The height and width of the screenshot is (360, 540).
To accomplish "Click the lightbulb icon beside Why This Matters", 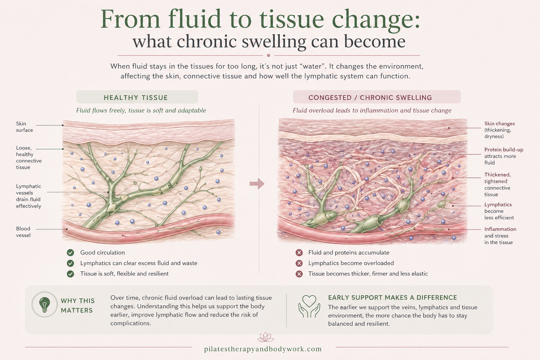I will coord(44,304).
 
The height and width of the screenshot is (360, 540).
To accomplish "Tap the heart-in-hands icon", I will coord(309,306).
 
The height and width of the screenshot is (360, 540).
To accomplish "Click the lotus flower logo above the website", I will coord(265,337).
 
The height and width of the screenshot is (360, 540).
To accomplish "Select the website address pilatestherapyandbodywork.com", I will coord(263,349).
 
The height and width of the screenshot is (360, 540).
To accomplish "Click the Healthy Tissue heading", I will coord(136,97).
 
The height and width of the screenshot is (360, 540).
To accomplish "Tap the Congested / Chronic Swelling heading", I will coord(370,97).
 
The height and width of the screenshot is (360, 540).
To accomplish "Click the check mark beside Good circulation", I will coord(71,253).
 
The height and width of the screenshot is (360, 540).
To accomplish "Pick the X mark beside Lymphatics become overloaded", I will coord(299,263).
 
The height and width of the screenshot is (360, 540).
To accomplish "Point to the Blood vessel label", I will coord(23,232).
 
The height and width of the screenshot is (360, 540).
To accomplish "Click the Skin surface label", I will coord(24,127).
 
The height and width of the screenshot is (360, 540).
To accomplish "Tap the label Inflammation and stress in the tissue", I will coord(500,236).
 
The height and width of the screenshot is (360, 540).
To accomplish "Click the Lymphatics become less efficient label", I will coord(499,211).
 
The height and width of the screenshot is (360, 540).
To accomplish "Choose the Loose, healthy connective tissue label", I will coord(28,157).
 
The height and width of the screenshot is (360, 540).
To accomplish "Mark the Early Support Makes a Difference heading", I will coord(392,297).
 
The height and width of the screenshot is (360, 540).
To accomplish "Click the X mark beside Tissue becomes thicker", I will coord(299,274).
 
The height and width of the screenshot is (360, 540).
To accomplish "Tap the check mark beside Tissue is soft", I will coord(71,274).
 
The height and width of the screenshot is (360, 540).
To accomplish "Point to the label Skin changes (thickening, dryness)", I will coord(499,130).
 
